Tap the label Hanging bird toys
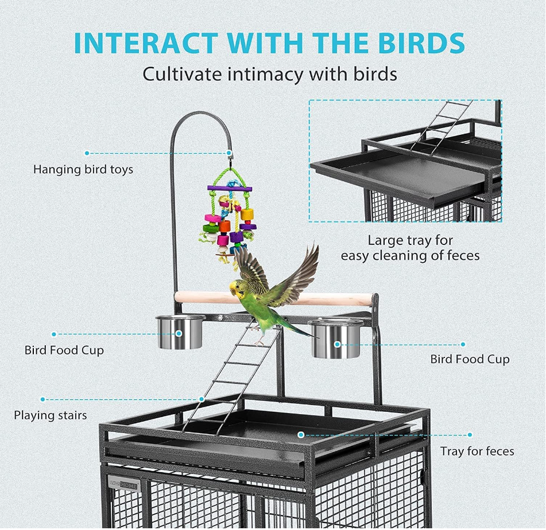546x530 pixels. click(x=83, y=169)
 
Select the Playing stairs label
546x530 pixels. click(x=51, y=415)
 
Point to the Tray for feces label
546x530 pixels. click(x=477, y=451)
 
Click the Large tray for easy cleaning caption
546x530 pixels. click(x=410, y=248)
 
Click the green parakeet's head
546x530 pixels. click(x=237, y=287)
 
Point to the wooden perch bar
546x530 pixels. click(x=333, y=299)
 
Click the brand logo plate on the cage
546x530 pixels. click(x=125, y=483)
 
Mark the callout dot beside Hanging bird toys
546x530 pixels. click(x=87, y=153)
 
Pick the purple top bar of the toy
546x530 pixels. click(x=230, y=188)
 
